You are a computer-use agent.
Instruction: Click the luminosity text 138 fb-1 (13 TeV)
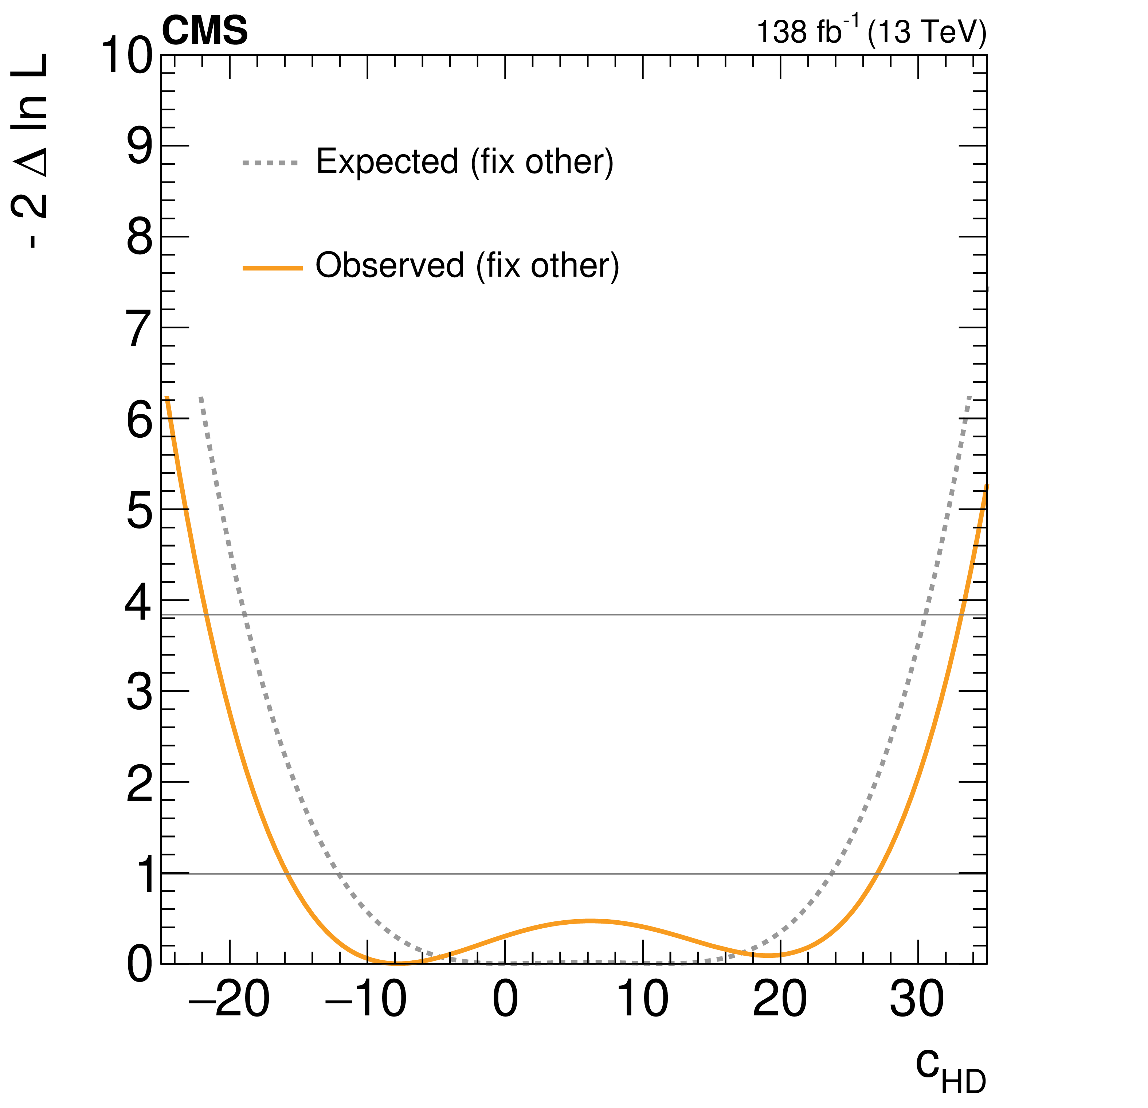click(871, 32)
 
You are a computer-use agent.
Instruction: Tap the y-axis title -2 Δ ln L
click(31, 151)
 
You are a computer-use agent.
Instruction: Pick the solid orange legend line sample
click(273, 268)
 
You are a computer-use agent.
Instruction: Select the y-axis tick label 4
click(140, 603)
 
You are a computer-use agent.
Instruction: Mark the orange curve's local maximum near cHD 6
click(591, 921)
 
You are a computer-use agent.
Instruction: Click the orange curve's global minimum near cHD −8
click(396, 963)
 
